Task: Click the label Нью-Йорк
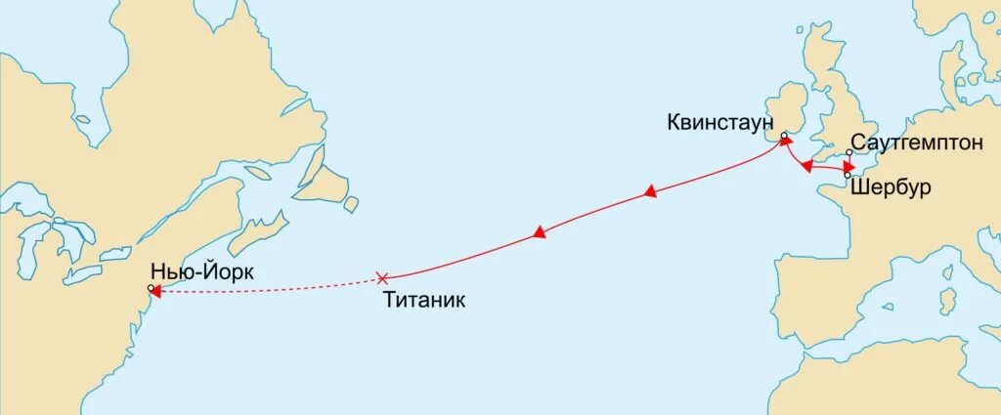click(202, 272)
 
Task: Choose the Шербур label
click(890, 187)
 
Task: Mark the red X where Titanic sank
click(382, 278)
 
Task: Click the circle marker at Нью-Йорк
click(150, 288)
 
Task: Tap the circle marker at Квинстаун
click(784, 137)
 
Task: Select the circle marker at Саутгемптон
click(849, 152)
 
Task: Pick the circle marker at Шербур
click(847, 175)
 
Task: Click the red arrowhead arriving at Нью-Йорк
click(155, 290)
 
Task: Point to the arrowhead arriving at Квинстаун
click(785, 143)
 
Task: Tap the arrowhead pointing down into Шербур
click(847, 168)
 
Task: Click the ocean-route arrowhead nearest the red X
click(539, 233)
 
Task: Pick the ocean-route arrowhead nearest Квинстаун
click(649, 195)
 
